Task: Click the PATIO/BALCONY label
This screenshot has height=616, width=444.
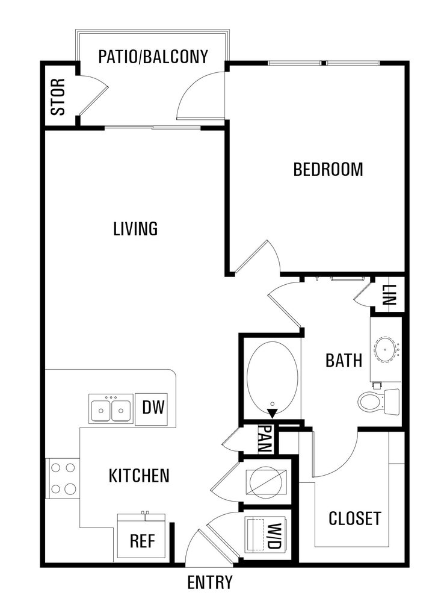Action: (153, 57)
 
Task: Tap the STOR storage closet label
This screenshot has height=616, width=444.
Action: (58, 96)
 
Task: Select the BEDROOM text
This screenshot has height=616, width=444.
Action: (328, 169)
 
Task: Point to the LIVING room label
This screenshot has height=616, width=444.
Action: (135, 229)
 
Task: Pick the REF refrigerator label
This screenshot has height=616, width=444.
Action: (143, 541)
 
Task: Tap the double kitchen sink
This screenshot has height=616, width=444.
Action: (111, 409)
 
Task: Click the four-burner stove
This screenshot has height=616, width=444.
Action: (63, 479)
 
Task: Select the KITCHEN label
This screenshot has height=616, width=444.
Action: (139, 476)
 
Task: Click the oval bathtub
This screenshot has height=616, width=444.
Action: (272, 377)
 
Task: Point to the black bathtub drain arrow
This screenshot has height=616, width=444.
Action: (272, 413)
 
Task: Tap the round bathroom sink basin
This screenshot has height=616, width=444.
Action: (387, 349)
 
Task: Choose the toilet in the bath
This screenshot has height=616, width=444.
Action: (378, 402)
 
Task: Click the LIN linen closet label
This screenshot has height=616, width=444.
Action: (388, 296)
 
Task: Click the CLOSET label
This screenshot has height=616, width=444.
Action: (354, 518)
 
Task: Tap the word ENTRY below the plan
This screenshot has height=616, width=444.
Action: (210, 582)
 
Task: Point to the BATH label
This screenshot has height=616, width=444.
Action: (344, 360)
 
